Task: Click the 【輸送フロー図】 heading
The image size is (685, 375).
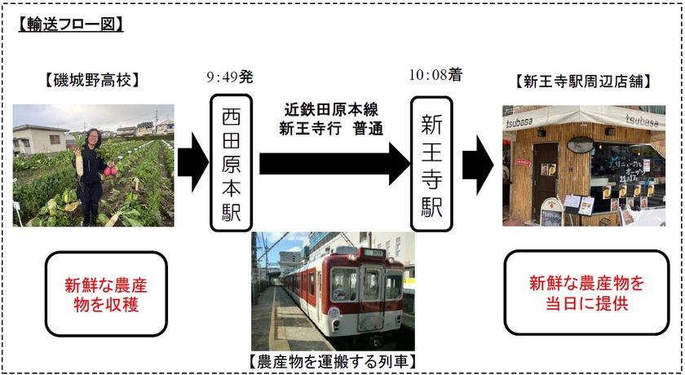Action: pos(70,24)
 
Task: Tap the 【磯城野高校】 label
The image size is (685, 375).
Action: pos(92,81)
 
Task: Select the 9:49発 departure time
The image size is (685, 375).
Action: pos(230,77)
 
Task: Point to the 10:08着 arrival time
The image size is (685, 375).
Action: pos(435,76)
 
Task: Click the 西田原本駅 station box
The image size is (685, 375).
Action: pos(231,162)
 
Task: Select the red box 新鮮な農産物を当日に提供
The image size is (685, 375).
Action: pos(586,293)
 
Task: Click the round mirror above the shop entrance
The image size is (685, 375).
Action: pos(580,145)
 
